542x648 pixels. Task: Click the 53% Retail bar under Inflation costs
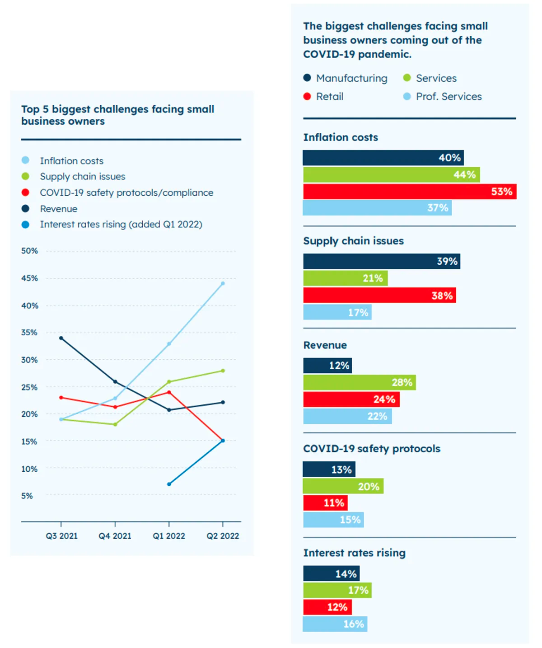click(x=409, y=191)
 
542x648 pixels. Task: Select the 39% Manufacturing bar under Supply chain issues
click(x=382, y=261)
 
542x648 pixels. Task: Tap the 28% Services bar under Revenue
click(x=360, y=382)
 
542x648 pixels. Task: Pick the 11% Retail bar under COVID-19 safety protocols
click(x=325, y=503)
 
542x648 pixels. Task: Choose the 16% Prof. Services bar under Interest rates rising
click(x=335, y=624)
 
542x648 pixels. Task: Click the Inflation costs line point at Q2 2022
click(x=223, y=283)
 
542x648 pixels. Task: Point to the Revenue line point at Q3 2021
click(x=61, y=338)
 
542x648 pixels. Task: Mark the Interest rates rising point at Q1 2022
click(x=169, y=484)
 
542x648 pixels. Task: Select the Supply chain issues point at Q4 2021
click(x=115, y=424)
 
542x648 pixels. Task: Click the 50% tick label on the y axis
click(x=29, y=251)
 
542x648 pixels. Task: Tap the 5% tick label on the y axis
click(x=27, y=496)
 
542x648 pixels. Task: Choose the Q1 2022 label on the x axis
click(x=169, y=536)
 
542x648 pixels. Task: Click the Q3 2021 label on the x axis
click(x=62, y=536)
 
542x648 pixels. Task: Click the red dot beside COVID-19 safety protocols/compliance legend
click(x=25, y=193)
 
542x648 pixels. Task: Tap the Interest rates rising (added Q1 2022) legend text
click(x=121, y=225)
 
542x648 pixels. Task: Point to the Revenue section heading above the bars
click(x=325, y=345)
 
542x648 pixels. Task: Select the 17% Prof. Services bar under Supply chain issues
click(x=337, y=312)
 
